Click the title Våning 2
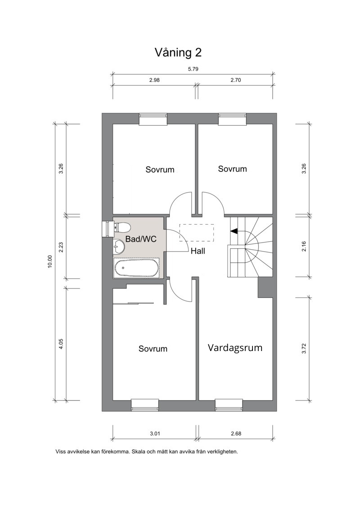click(178, 52)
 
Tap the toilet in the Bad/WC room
click(122, 227)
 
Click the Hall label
click(198, 251)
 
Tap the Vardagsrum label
click(235, 348)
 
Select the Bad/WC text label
click(141, 239)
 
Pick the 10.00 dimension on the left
click(49, 261)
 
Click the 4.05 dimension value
click(61, 344)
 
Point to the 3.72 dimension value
click(304, 348)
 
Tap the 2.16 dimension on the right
click(304, 246)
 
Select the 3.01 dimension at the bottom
click(155, 433)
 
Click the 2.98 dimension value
click(154, 80)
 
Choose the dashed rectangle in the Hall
click(197, 233)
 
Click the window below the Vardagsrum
click(229, 405)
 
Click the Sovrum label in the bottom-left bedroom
click(153, 349)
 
